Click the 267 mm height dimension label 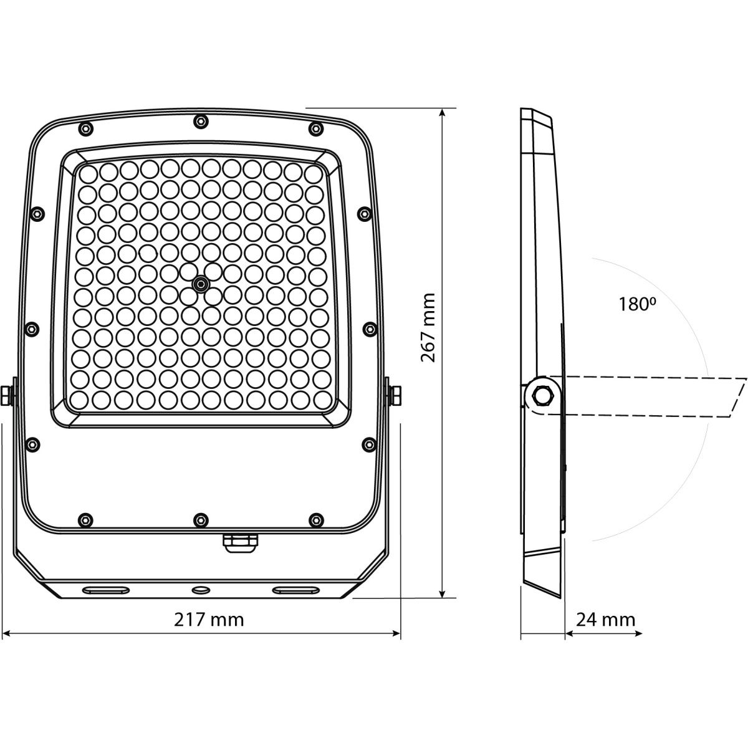click(x=428, y=328)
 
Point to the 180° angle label click(x=637, y=304)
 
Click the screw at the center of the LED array click(x=201, y=284)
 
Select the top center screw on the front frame click(x=200, y=121)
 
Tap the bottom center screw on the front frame click(x=200, y=520)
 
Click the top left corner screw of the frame click(x=85, y=128)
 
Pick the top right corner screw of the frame click(x=316, y=128)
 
